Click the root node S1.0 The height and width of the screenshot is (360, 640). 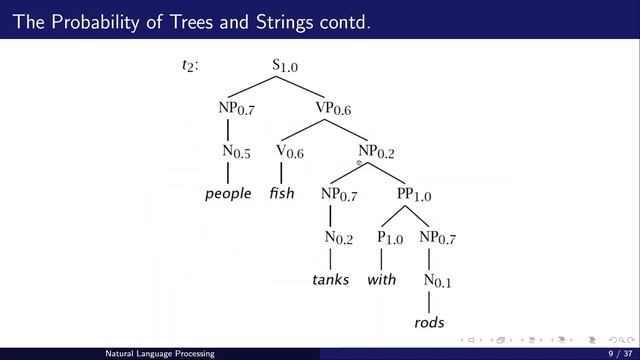click(285, 66)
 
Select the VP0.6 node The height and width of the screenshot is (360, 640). click(334, 108)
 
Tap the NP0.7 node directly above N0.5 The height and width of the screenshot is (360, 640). click(237, 108)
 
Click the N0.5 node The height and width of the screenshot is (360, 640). click(237, 152)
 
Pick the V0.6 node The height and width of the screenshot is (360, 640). click(290, 152)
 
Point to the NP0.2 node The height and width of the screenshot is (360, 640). click(377, 152)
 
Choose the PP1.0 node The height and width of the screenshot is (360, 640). click(414, 194)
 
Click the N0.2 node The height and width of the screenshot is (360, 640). click(339, 238)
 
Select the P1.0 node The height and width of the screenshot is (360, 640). click(390, 238)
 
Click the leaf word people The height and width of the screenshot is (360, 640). click(228, 194)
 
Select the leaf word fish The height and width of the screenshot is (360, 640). click(282, 194)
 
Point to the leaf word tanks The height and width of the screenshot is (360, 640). click(331, 280)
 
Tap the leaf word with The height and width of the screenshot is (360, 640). click(382, 280)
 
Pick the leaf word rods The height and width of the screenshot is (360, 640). click(429, 323)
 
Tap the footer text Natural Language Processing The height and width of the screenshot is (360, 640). click(165, 353)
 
